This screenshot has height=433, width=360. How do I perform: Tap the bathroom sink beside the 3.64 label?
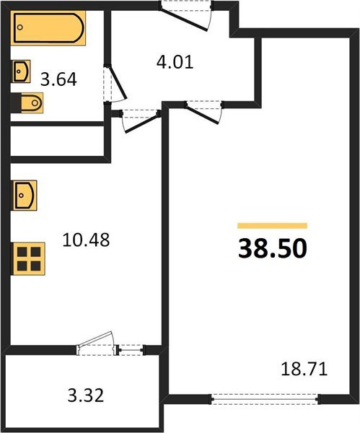pos(22,71)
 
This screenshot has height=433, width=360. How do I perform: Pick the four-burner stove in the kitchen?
pos(29,258)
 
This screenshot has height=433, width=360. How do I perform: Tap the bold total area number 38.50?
pos(272,248)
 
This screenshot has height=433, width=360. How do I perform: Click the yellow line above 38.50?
pos(272,226)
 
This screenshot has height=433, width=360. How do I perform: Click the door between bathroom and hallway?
pos(115,86)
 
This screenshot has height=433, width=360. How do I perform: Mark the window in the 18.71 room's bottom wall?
pos(263,396)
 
